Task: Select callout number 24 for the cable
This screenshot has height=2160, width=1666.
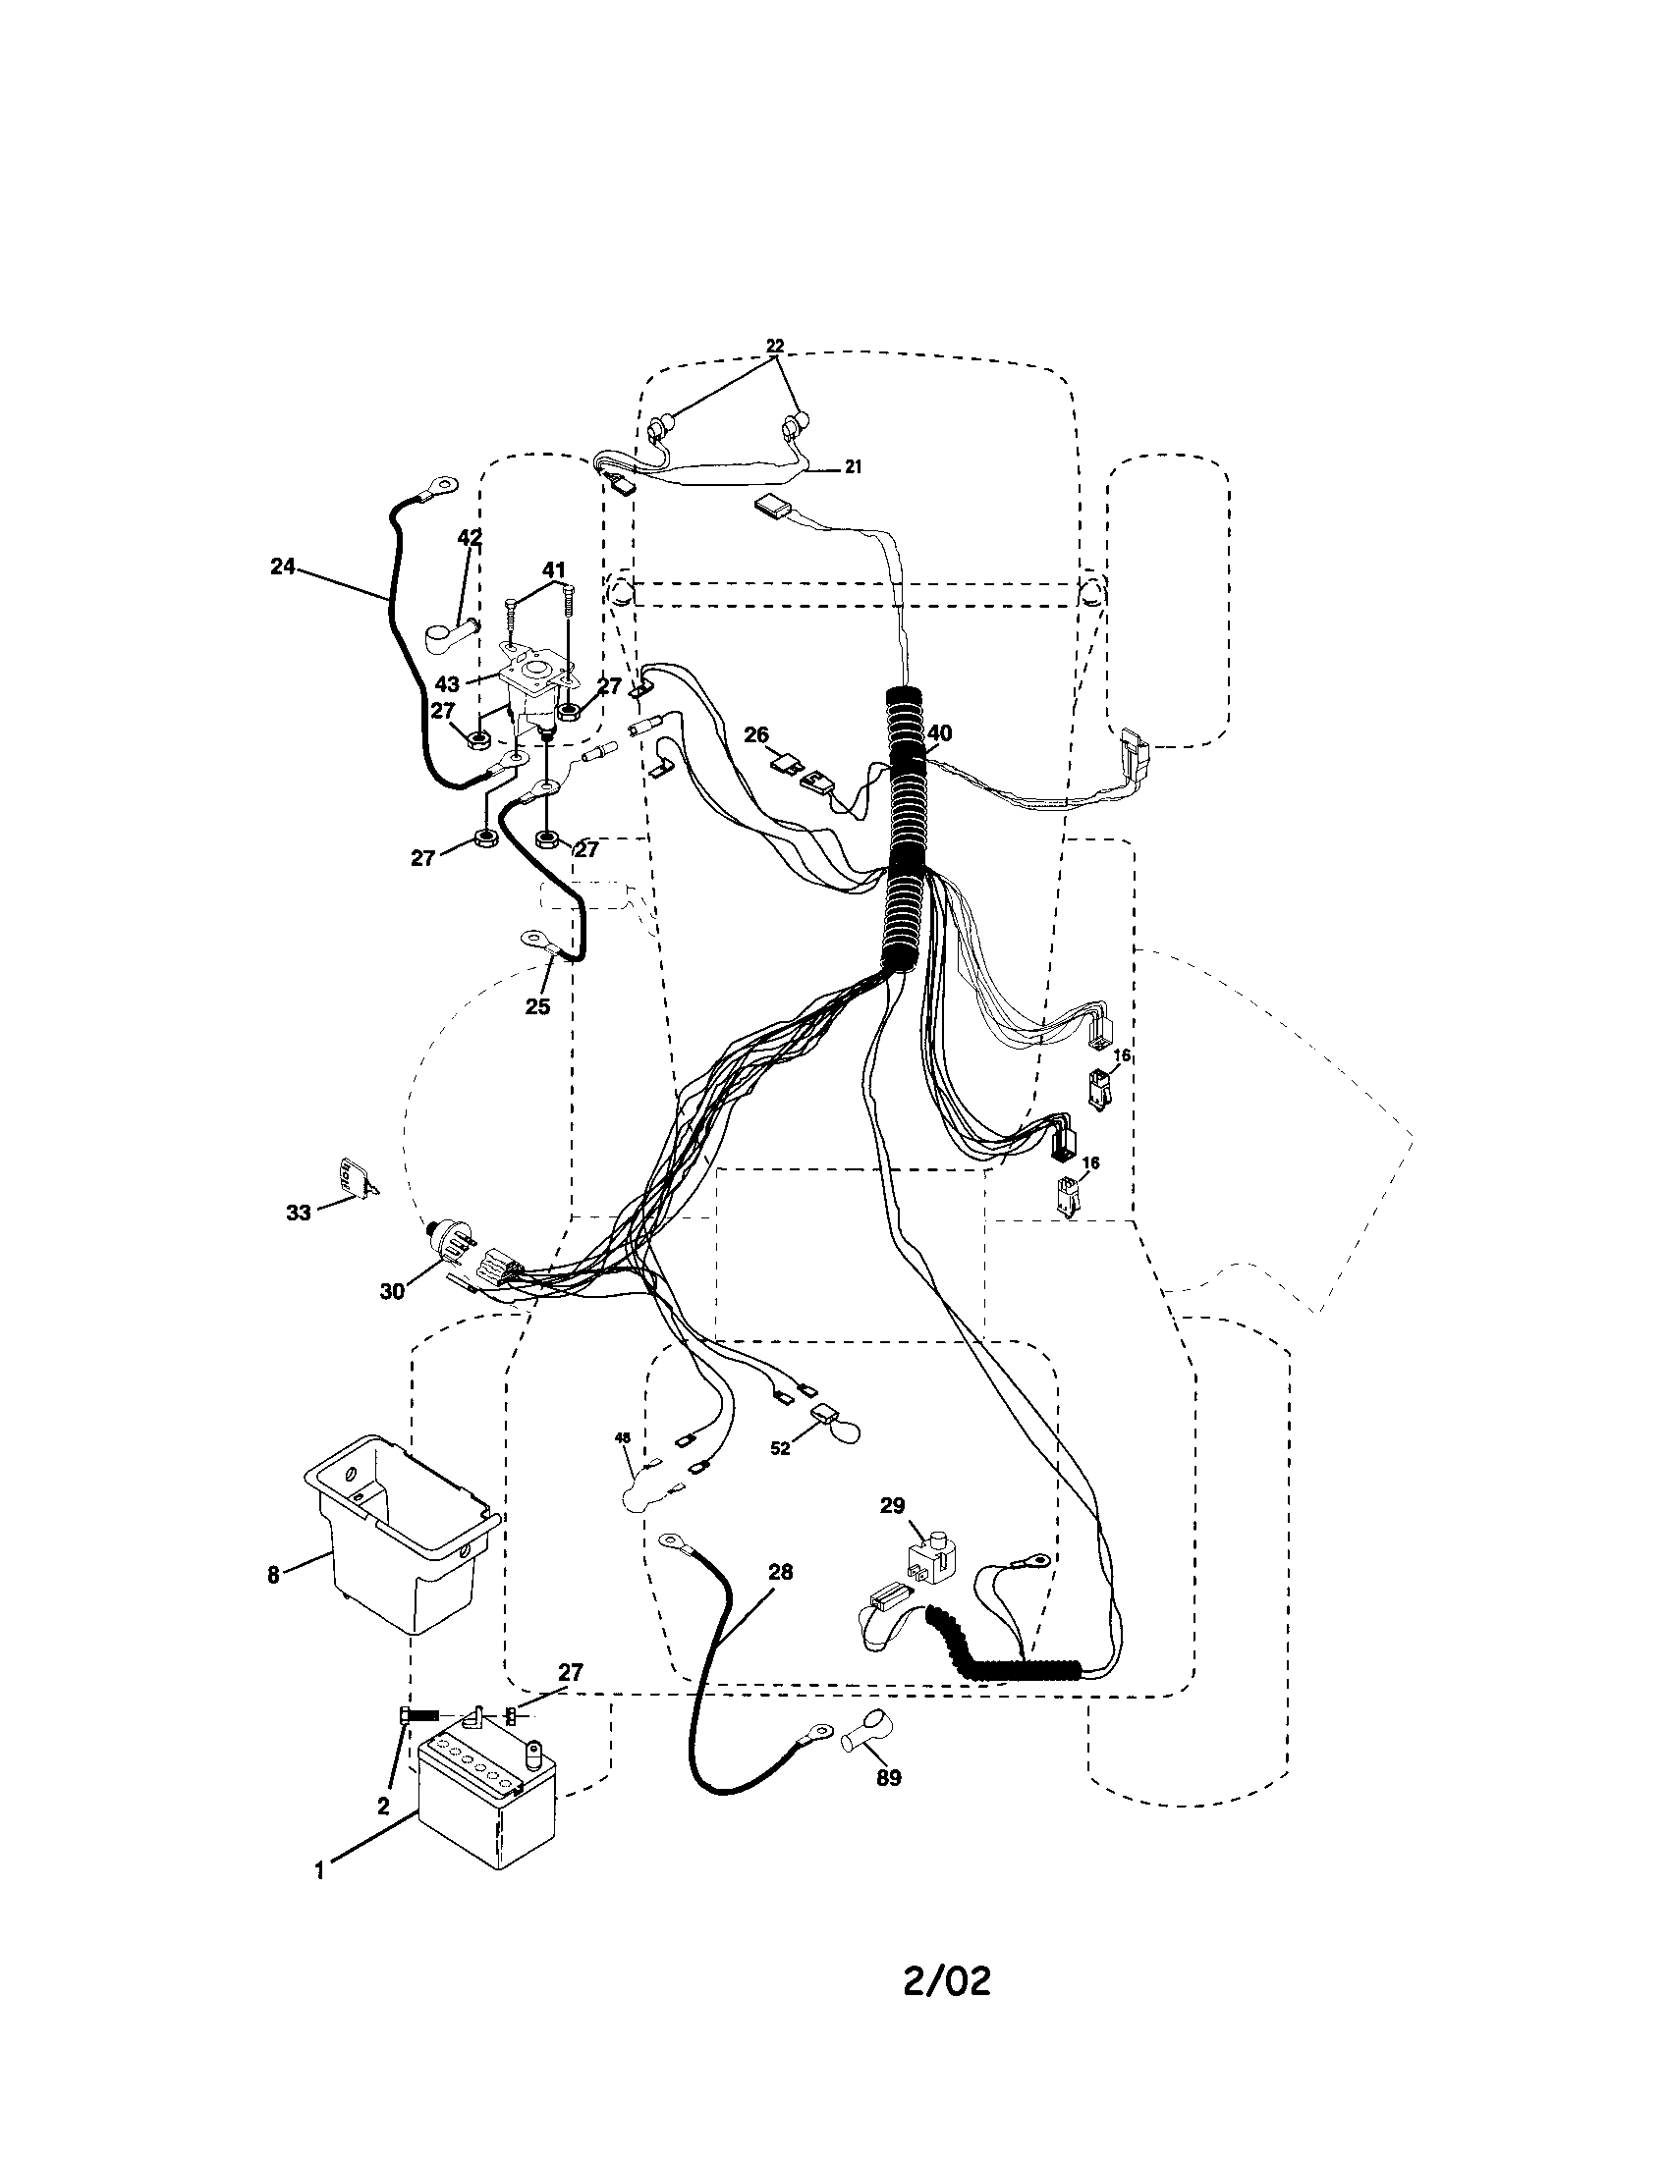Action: pyautogui.click(x=283, y=567)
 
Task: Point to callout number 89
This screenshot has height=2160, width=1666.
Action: pyautogui.click(x=888, y=1777)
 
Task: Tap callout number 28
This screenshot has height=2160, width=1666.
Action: pyautogui.click(x=781, y=1572)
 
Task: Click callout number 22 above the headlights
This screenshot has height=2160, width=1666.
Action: pyautogui.click(x=775, y=346)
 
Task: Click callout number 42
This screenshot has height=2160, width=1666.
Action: pyautogui.click(x=469, y=538)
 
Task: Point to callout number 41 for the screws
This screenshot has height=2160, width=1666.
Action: pyautogui.click(x=553, y=569)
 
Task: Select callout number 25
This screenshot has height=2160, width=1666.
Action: pyautogui.click(x=537, y=1006)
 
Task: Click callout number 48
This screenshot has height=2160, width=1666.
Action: pyautogui.click(x=622, y=1437)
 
